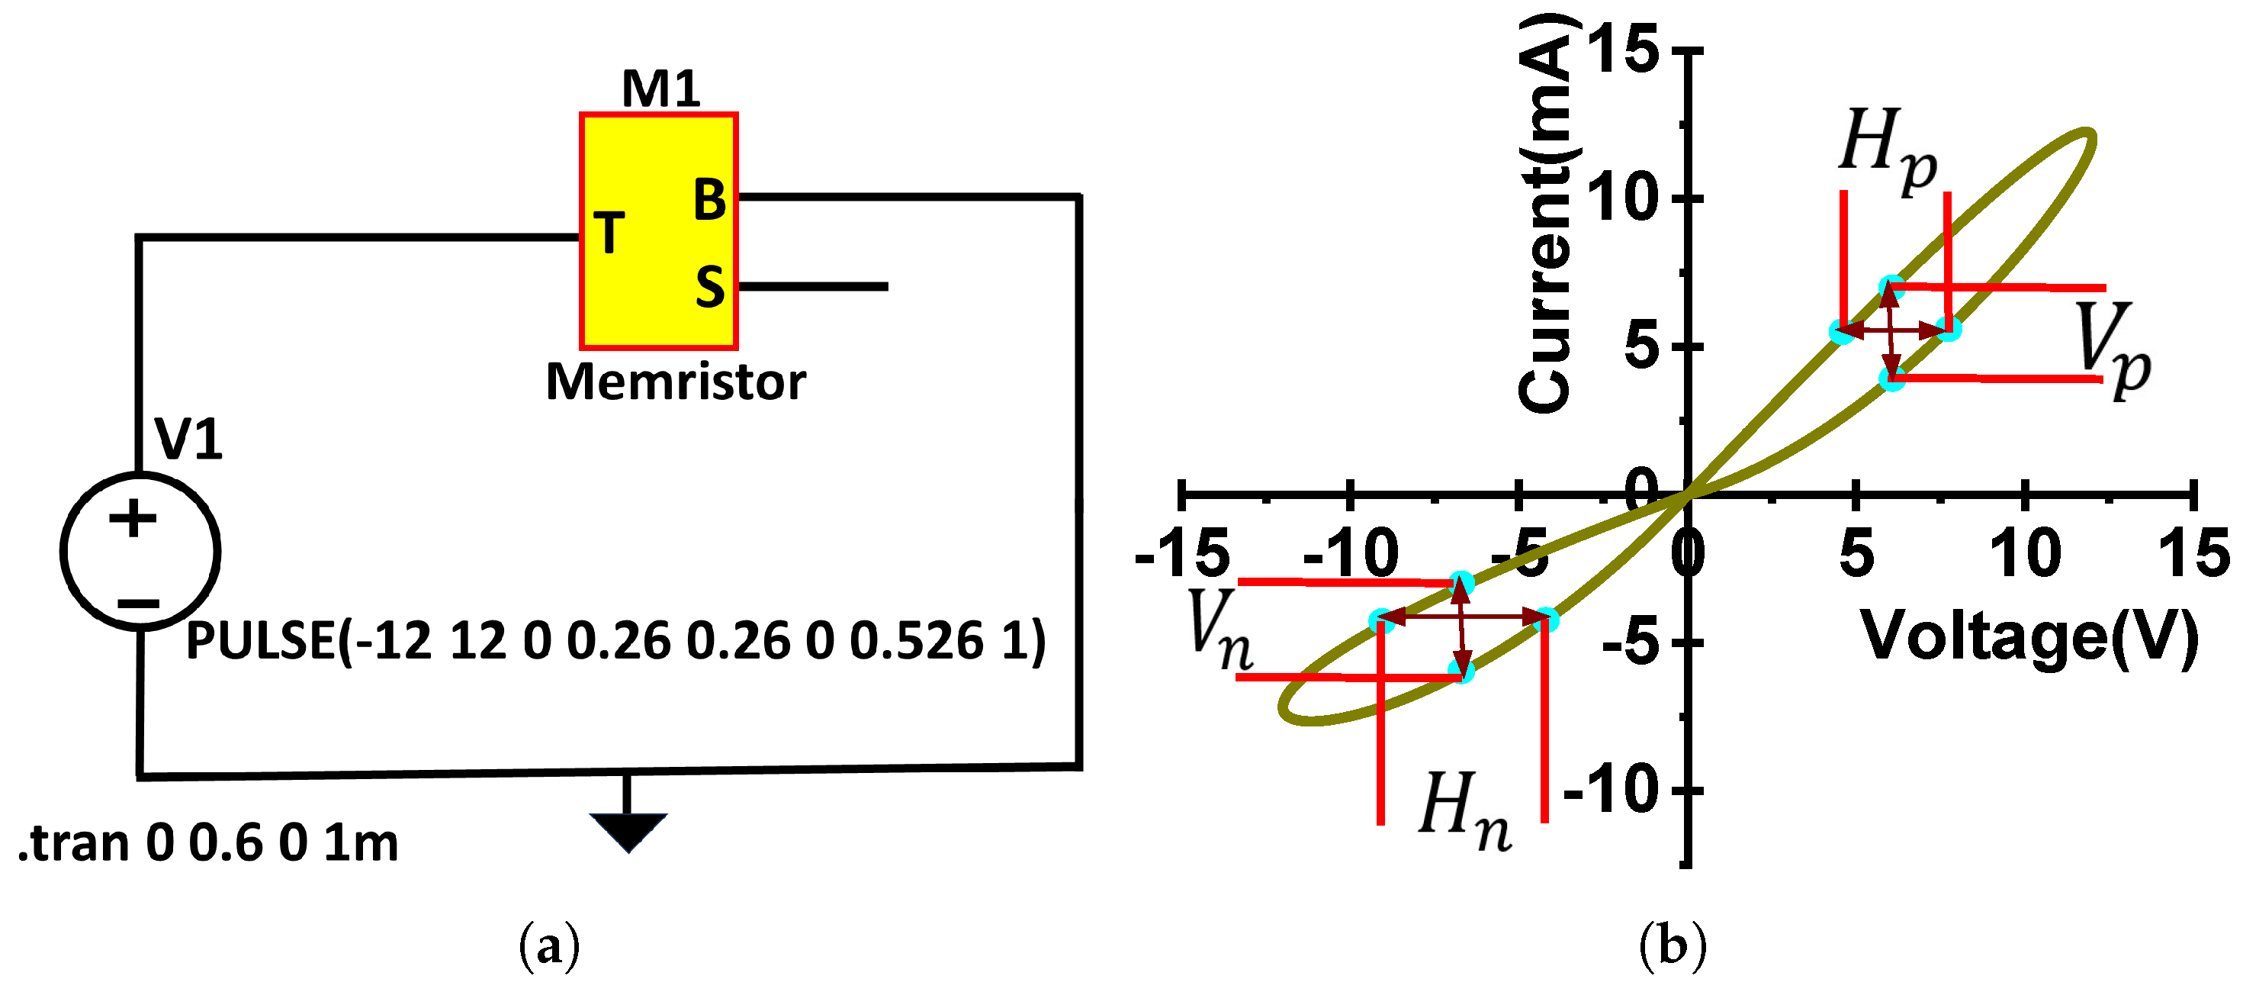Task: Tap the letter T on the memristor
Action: [x=609, y=233]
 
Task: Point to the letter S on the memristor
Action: [x=709, y=287]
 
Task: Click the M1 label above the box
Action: [x=660, y=88]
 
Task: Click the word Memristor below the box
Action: [x=675, y=382]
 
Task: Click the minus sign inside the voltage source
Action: [x=137, y=603]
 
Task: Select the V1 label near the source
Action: [x=188, y=438]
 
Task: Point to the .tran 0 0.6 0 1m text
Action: [x=207, y=843]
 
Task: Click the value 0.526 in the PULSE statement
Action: [x=915, y=641]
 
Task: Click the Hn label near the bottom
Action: [x=1464, y=810]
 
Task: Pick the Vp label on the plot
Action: [x=2110, y=349]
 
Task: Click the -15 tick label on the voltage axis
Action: [x=1181, y=554]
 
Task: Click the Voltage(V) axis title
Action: [x=2029, y=636]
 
